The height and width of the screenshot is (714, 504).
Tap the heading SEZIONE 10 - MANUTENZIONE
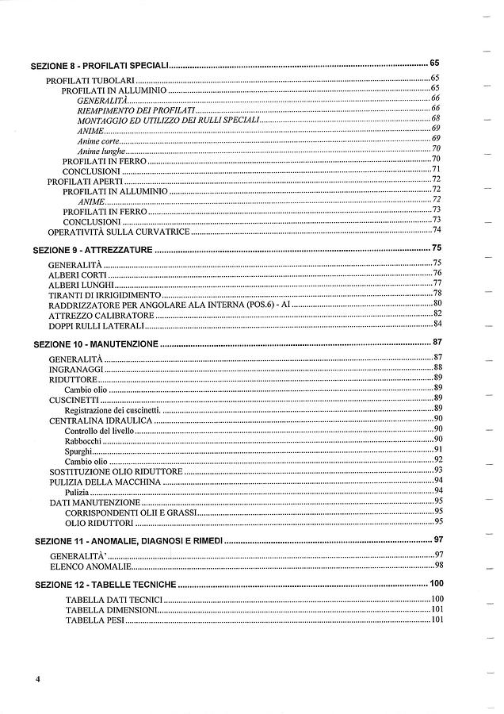tap(97, 344)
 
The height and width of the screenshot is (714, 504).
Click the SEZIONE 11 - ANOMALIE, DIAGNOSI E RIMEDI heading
tap(129, 540)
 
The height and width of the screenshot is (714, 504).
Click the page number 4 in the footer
tap(37, 680)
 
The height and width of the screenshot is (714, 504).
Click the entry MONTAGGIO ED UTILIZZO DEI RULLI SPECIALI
tap(168, 120)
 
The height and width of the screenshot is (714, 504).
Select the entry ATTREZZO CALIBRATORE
tap(101, 315)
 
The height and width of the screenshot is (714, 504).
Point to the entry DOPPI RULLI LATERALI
tap(96, 325)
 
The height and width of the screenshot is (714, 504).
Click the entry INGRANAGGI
tap(76, 369)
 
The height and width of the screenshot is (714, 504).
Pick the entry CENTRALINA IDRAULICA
tap(100, 420)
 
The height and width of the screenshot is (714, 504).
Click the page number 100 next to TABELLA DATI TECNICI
tap(436, 599)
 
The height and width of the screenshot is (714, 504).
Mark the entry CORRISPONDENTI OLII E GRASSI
tap(130, 512)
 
